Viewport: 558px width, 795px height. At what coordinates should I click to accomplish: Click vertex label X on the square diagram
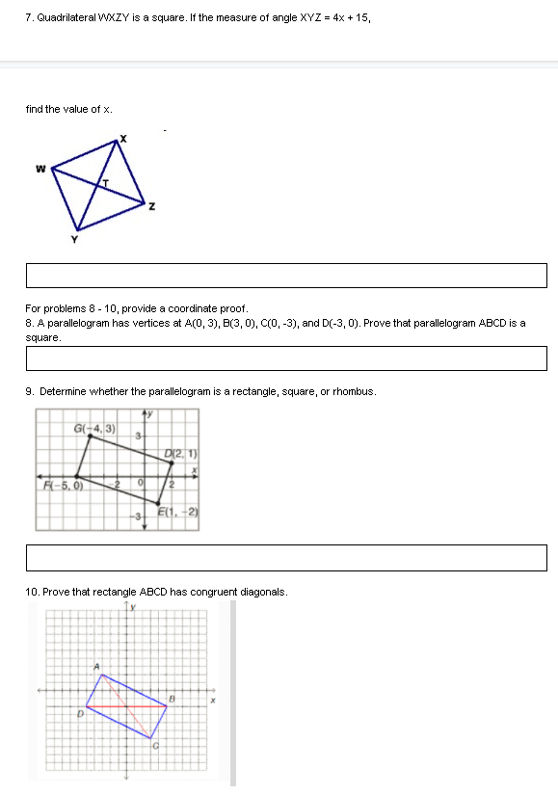[122, 142]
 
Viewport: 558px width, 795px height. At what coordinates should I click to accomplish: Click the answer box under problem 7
[286, 276]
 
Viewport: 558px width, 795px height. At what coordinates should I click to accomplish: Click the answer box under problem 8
[286, 358]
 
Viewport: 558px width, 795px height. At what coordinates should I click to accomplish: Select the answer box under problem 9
[286, 558]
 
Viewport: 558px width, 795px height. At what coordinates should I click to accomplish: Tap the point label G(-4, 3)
[94, 428]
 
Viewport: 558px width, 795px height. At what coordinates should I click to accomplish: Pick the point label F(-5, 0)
[61, 485]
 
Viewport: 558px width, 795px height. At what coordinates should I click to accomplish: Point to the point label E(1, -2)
[183, 513]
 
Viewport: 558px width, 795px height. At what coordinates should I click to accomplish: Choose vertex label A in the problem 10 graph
[96, 666]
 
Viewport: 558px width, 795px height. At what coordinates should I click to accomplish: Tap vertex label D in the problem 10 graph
[82, 714]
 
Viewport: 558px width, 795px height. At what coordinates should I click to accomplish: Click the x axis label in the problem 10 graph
[215, 701]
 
